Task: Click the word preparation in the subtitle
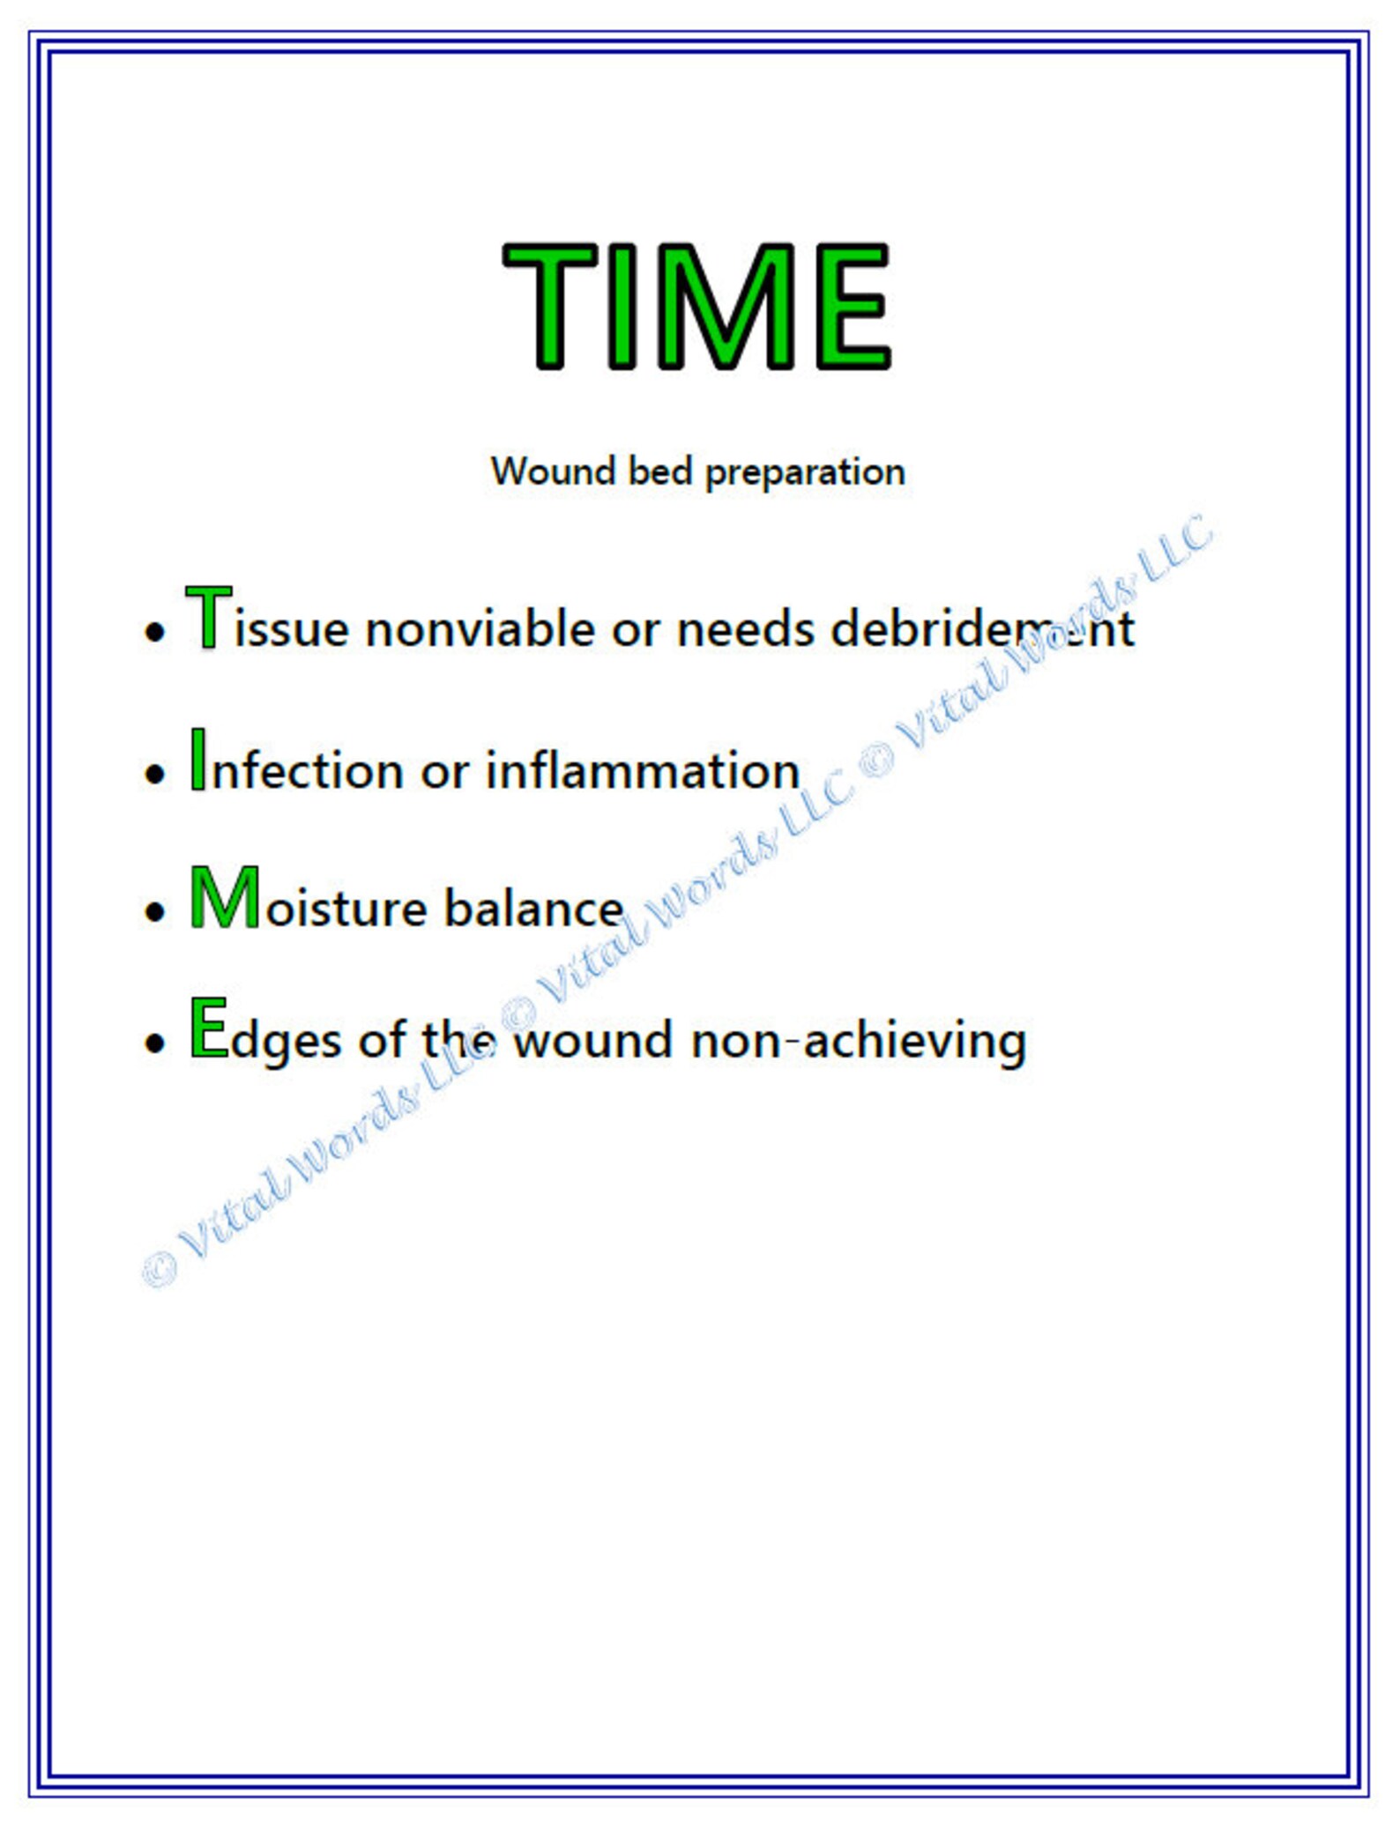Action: click(x=805, y=472)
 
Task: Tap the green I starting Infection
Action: click(x=198, y=759)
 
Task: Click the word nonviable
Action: click(x=480, y=629)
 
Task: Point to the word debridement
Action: click(x=982, y=629)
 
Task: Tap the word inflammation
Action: click(x=643, y=770)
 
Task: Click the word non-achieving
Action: click(x=859, y=1042)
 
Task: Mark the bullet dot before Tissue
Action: click(x=155, y=632)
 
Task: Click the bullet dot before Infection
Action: click(x=155, y=774)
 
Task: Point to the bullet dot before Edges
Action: click(x=155, y=1043)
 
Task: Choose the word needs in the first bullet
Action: click(x=745, y=629)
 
